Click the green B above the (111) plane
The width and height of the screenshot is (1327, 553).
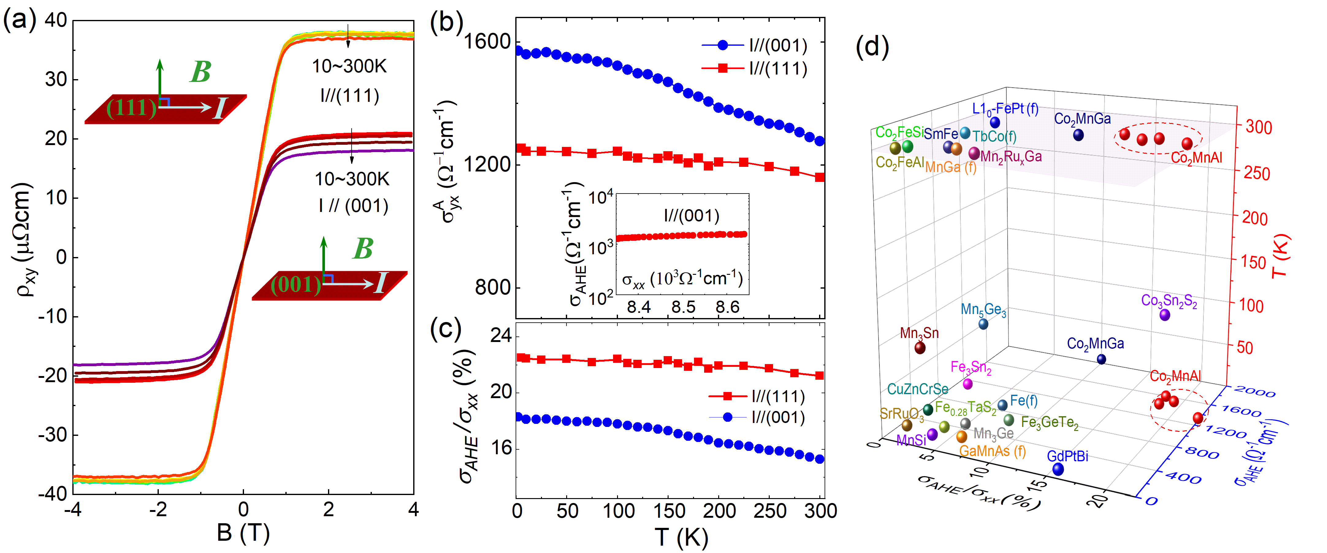[200, 72]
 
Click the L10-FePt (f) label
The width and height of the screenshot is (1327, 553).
[1005, 109]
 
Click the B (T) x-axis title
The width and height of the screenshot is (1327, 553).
[243, 533]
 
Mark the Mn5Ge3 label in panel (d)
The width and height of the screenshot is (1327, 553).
[983, 310]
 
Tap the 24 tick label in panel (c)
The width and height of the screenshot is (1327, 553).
[500, 336]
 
